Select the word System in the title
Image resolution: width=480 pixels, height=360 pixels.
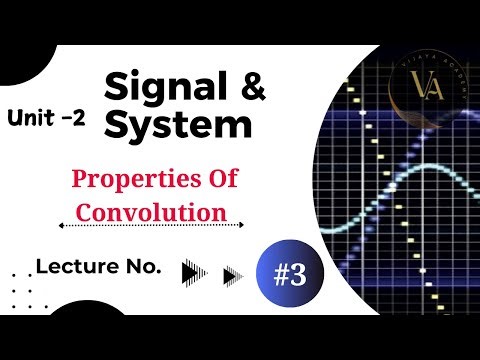(176, 127)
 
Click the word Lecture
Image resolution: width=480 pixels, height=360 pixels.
(80, 267)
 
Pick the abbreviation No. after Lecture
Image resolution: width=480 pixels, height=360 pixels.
(146, 267)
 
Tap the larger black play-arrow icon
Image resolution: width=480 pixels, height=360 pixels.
(196, 272)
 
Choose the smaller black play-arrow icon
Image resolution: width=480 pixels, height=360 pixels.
(233, 273)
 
